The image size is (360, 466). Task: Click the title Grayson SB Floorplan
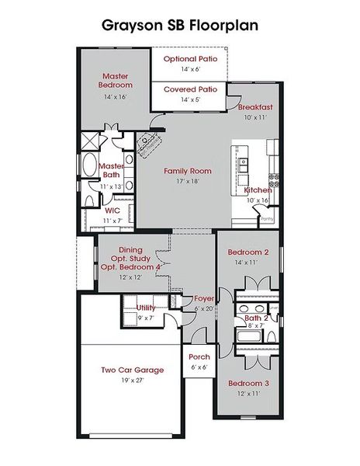pyautogui.click(x=179, y=25)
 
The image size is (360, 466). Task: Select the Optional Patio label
pyautogui.click(x=190, y=58)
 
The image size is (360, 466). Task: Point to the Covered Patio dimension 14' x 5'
pyautogui.click(x=190, y=99)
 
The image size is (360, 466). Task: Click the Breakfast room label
pyautogui.click(x=255, y=107)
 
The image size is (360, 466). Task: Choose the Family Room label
pyautogui.click(x=187, y=171)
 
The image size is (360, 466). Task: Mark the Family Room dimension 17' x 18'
pyautogui.click(x=187, y=182)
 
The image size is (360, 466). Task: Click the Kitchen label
pyautogui.click(x=258, y=190)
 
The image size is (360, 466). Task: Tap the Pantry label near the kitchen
pyautogui.click(x=267, y=219)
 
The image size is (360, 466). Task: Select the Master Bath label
pyautogui.click(x=112, y=170)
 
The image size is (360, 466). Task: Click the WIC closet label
pyautogui.click(x=112, y=210)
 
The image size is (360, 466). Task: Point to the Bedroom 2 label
pyautogui.click(x=248, y=252)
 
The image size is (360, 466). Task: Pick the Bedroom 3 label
pyautogui.click(x=248, y=384)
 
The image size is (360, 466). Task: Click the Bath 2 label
pyautogui.click(x=256, y=318)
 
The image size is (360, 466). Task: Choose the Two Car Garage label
pyautogui.click(x=132, y=370)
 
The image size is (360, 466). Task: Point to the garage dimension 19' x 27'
pyautogui.click(x=132, y=381)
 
